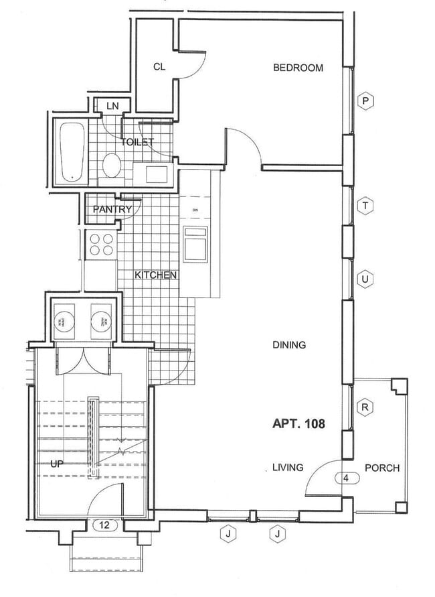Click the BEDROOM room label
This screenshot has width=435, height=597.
tap(298, 68)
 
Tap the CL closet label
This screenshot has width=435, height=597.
tap(159, 66)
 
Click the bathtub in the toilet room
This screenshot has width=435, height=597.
tap(69, 152)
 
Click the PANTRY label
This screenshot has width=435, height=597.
tap(112, 209)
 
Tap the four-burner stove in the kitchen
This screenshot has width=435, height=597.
tap(100, 244)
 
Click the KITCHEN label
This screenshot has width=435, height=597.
tap(156, 275)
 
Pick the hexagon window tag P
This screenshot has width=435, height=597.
tap(365, 101)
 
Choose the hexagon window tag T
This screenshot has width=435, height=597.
tap(365, 206)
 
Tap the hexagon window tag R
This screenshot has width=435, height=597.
tap(365, 407)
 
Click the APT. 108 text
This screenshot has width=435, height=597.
tap(298, 424)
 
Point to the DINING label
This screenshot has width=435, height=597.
tap(289, 345)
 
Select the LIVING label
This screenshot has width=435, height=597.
tap(288, 467)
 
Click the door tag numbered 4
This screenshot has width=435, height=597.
tap(346, 478)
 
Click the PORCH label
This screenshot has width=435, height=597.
tap(381, 468)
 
